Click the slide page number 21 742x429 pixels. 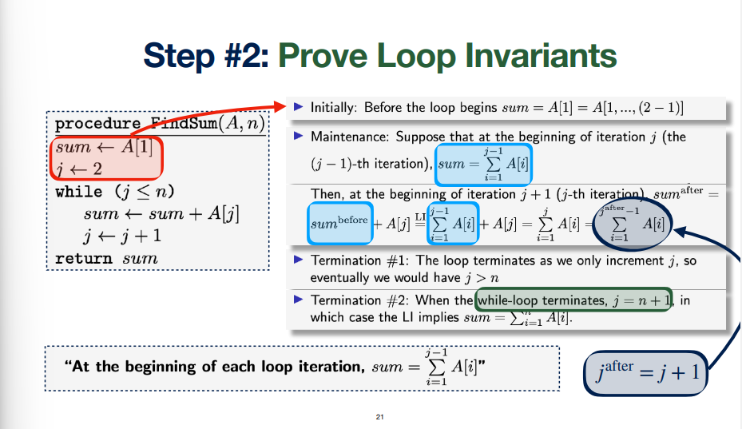tap(379, 417)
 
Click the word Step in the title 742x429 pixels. tap(180, 56)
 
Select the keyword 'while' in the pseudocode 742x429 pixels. tap(79, 192)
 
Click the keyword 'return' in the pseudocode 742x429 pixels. tap(84, 259)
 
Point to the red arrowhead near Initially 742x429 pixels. tap(280, 106)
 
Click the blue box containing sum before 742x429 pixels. tap(339, 223)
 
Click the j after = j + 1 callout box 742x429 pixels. tap(645, 373)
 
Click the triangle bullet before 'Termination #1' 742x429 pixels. tap(298, 260)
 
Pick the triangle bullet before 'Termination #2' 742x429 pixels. tap(298, 300)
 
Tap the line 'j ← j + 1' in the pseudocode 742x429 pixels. tap(122, 236)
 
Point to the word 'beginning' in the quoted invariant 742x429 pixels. tap(162, 367)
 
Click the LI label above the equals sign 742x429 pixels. tap(420, 216)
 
